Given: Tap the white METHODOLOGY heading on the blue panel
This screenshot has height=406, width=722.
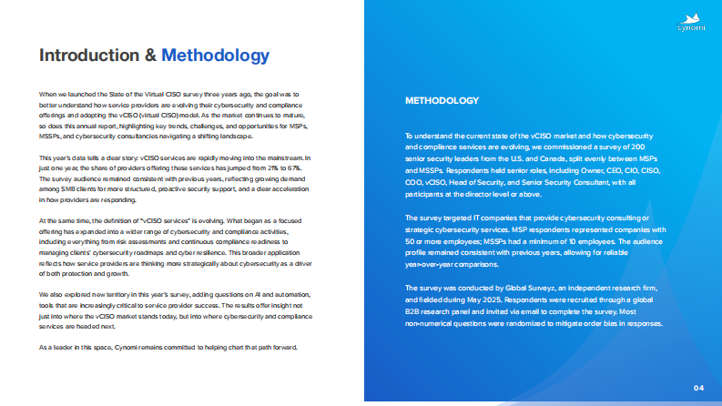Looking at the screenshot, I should click(x=442, y=100).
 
